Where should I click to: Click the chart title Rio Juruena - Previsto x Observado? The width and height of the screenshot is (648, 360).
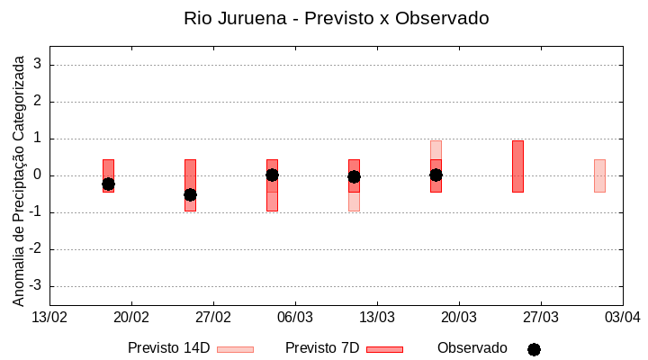336,18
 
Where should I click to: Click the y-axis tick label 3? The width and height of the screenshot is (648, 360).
38,65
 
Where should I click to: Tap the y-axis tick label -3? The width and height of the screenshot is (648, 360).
35,286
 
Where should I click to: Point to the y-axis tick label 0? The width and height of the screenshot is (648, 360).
38,175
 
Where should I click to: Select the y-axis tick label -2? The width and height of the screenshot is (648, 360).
35,249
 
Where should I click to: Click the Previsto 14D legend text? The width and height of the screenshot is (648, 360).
169,348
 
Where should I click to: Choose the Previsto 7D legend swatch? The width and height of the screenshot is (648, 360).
385,349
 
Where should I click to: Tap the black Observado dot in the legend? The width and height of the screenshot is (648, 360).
534,349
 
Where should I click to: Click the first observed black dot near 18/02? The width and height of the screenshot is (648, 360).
108,184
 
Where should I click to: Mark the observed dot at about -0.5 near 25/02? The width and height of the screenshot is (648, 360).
190,194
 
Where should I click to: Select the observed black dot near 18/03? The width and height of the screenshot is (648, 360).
436,175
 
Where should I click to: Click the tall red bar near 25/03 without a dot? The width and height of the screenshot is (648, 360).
517,166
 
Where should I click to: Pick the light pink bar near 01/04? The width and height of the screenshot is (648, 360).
599,175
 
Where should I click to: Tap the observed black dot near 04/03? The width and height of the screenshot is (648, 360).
272,175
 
